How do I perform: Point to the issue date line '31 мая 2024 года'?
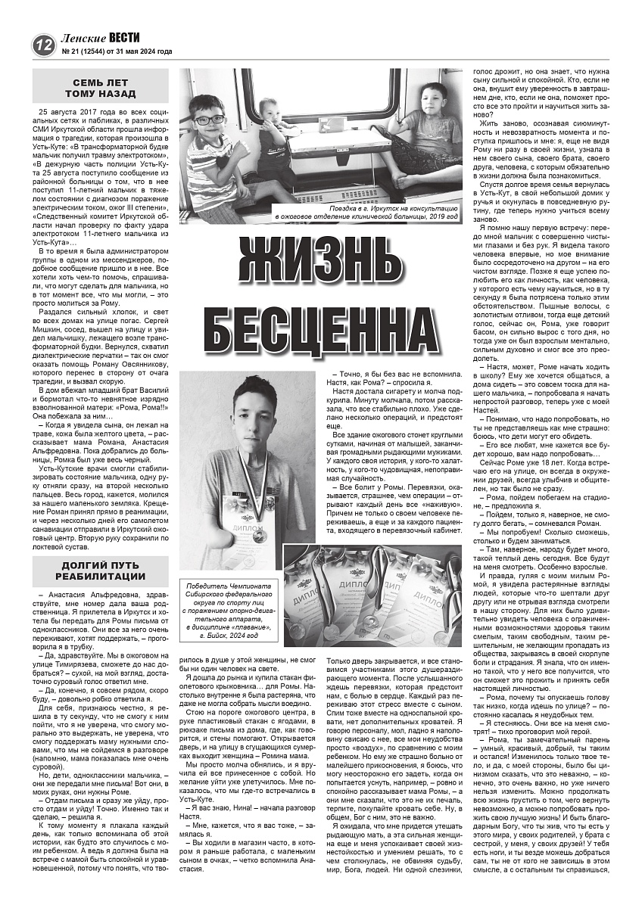tap(143, 52)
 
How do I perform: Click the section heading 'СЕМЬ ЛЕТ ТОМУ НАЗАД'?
tap(100, 88)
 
